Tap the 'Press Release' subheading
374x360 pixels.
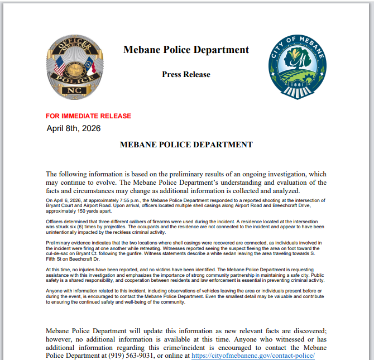[186, 74]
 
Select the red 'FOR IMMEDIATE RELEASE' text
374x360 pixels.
[89, 116]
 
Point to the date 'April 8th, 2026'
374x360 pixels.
[74, 128]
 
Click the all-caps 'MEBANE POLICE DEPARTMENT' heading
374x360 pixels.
[186, 145]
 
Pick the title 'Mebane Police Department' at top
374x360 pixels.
[186, 50]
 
